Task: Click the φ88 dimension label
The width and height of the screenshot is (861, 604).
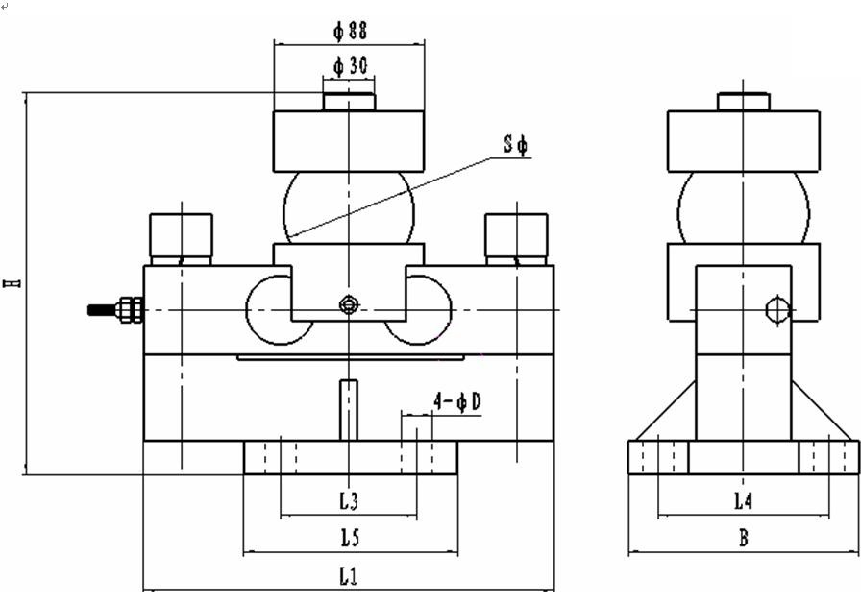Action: pyautogui.click(x=351, y=31)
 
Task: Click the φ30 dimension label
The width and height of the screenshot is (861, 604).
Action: pyautogui.click(x=351, y=66)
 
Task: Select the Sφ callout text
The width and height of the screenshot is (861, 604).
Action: pyautogui.click(x=516, y=145)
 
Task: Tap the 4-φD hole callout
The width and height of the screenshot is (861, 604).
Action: pyautogui.click(x=456, y=402)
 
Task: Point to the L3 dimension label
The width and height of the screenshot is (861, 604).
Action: pyautogui.click(x=349, y=500)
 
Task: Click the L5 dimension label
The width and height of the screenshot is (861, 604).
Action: pyautogui.click(x=350, y=538)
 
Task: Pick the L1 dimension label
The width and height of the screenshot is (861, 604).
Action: pyautogui.click(x=348, y=576)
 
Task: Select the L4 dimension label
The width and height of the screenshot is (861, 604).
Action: pyautogui.click(x=743, y=500)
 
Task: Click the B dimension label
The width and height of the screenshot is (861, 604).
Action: pyautogui.click(x=744, y=538)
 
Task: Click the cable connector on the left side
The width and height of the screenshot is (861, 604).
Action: pyautogui.click(x=116, y=310)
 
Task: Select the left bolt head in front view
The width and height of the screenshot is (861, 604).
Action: pyautogui.click(x=182, y=239)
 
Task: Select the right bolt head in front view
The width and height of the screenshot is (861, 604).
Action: pyautogui.click(x=516, y=239)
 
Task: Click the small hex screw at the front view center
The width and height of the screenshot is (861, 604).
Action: pyautogui.click(x=348, y=304)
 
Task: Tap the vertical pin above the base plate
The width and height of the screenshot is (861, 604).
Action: pyautogui.click(x=349, y=410)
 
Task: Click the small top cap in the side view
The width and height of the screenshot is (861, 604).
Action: pyautogui.click(x=744, y=102)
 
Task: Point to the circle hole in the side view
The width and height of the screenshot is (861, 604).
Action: pyautogui.click(x=777, y=310)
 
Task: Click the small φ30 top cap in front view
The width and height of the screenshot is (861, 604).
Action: pyautogui.click(x=349, y=102)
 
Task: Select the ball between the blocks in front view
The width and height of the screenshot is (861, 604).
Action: pyautogui.click(x=349, y=207)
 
